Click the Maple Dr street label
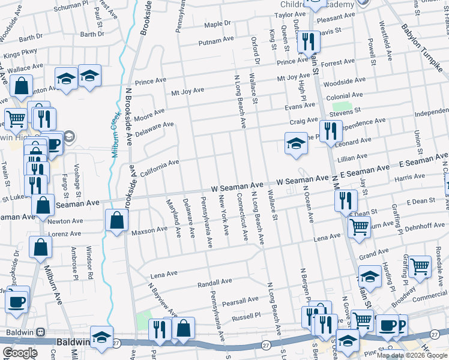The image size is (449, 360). point(217,24)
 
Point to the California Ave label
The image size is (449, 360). point(160,168)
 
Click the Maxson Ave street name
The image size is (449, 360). point(149,230)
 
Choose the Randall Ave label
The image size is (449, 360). point(214,281)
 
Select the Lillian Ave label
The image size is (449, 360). point(352,157)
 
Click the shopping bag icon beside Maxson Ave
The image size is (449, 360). point(116,220)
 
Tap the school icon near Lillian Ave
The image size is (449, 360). point(296,144)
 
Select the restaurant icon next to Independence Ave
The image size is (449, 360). point(330,131)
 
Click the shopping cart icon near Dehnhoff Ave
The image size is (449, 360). point(359,227)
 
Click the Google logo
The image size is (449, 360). point(20,353)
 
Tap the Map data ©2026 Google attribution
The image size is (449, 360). point(412,355)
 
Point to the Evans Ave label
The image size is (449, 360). point(300,106)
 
